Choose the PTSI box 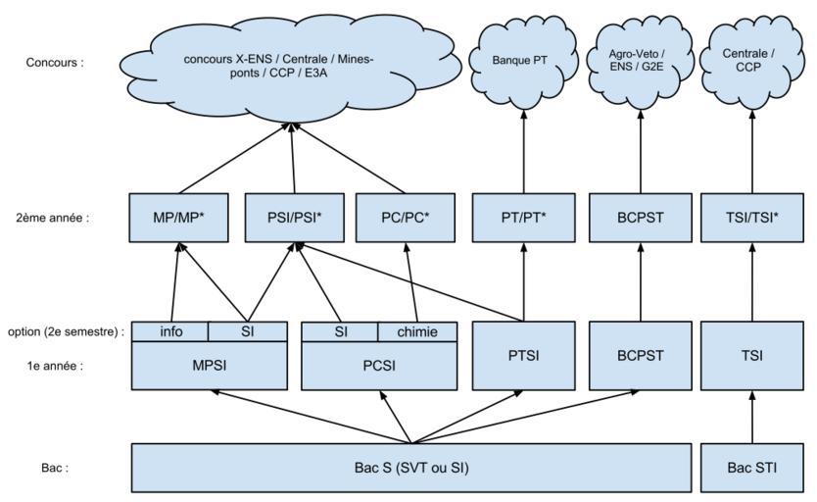pos(522,355)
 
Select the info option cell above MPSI pos(170,331)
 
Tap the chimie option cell pos(418,331)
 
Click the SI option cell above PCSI pos(340,331)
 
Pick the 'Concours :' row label pos(55,61)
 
